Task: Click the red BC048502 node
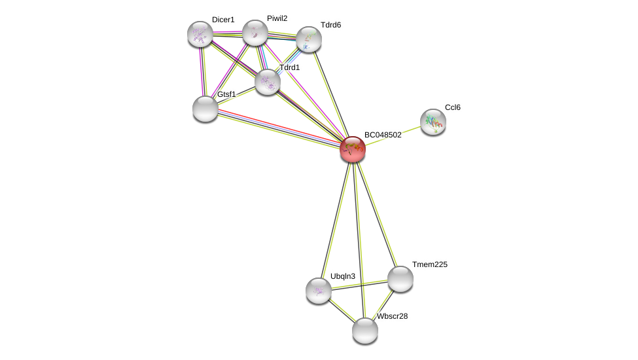[353, 149]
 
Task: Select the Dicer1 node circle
[200, 34]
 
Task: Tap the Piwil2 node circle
[255, 33]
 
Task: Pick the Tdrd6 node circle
[309, 39]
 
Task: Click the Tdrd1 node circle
[268, 82]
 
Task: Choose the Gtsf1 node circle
[205, 109]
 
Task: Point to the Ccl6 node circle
[433, 122]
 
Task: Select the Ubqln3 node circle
[319, 291]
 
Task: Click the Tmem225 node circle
[400, 279]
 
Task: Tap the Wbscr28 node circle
[365, 331]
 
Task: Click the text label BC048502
[383, 135]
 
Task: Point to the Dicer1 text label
[223, 20]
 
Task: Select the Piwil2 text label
[277, 18]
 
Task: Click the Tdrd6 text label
[330, 25]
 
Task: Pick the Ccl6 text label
[453, 107]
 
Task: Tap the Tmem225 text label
[430, 264]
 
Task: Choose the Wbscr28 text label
[392, 316]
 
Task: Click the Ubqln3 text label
[343, 276]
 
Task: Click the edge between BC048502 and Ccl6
[393, 135]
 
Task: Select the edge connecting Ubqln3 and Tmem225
[359, 285]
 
